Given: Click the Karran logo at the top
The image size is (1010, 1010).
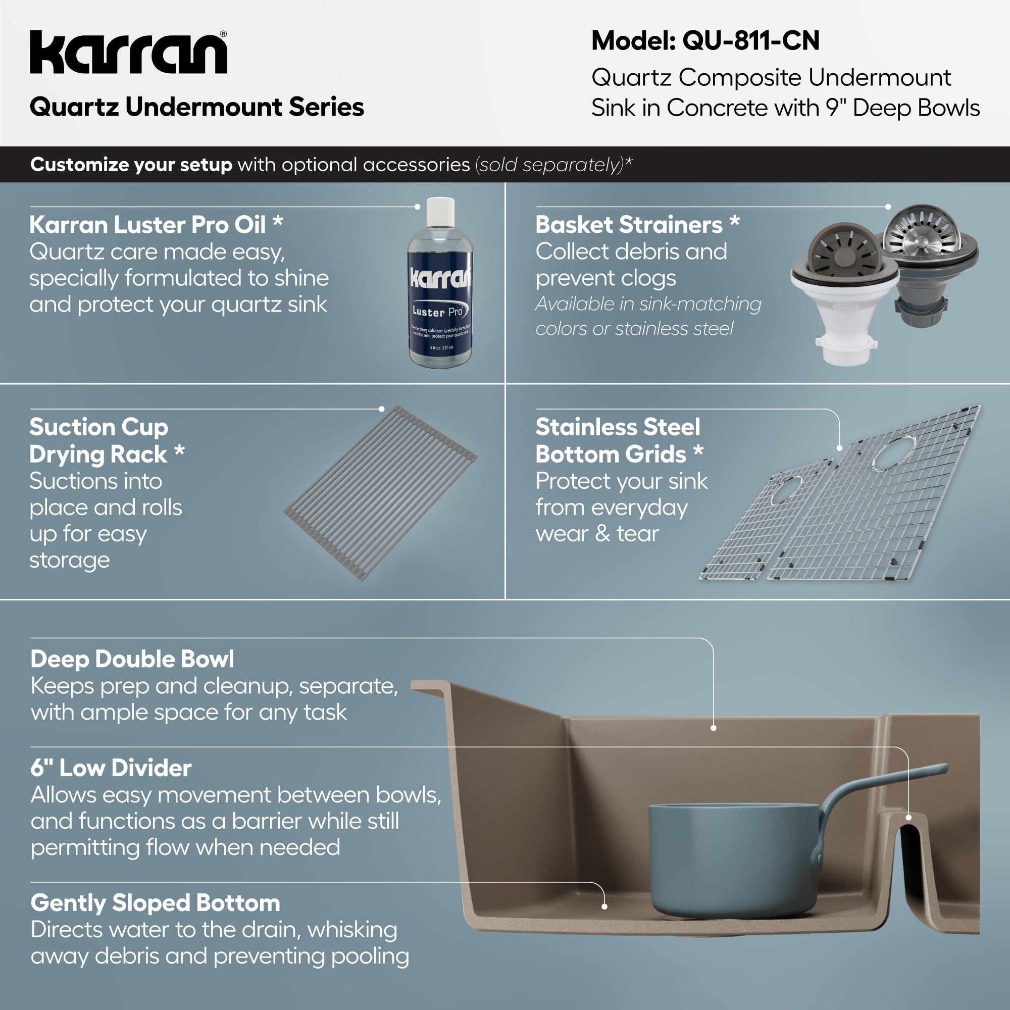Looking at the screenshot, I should (x=129, y=53).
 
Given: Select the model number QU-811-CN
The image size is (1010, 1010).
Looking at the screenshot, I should (x=751, y=41).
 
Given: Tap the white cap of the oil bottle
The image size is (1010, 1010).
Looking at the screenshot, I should (x=440, y=211).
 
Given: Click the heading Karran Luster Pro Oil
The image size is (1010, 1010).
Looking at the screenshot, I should (x=148, y=225).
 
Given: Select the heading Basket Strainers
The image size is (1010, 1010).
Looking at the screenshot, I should (x=629, y=225).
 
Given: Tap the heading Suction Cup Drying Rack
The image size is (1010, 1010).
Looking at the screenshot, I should (x=99, y=441).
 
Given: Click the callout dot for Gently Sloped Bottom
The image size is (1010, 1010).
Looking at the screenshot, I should (x=604, y=906).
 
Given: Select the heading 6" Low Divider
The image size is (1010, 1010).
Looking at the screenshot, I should (x=111, y=768).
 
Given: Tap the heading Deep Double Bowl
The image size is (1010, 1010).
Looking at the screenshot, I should (x=132, y=659).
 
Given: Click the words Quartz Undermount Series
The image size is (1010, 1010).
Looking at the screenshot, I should (x=196, y=107).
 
